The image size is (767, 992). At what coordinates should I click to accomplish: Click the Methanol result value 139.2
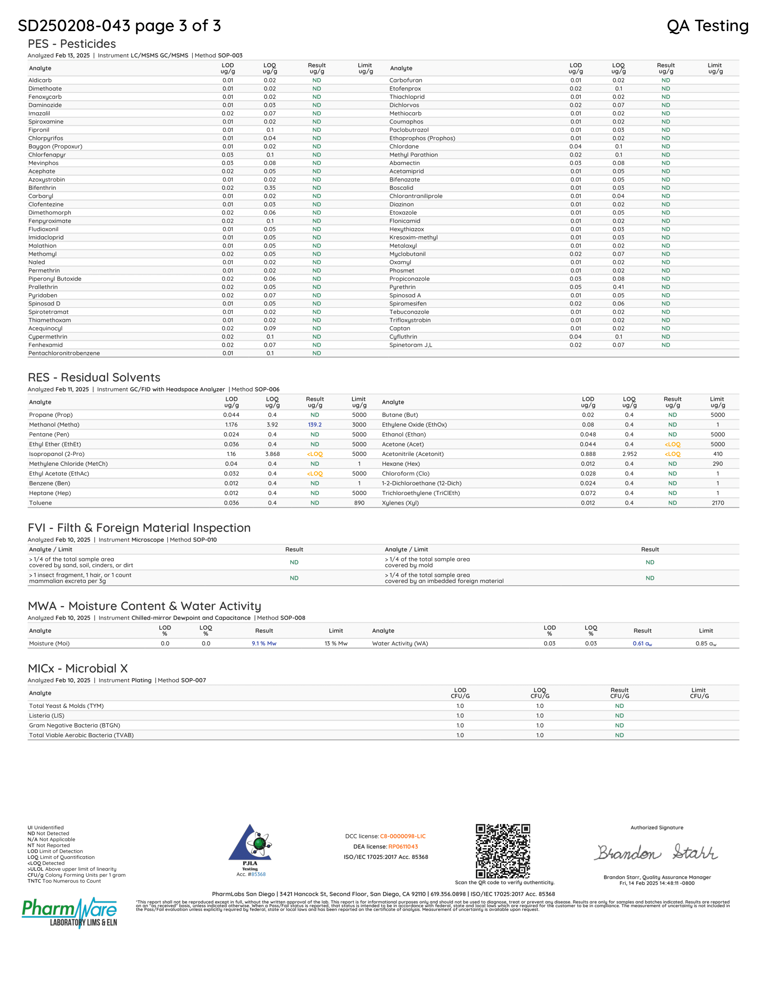point(314,425)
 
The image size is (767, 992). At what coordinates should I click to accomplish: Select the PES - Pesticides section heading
point(72,44)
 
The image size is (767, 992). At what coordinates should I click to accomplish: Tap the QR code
point(503,851)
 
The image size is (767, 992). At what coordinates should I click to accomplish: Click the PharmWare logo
point(69,912)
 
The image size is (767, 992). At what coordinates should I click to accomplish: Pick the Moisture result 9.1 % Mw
point(264,643)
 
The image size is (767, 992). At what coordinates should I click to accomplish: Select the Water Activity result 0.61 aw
point(642,643)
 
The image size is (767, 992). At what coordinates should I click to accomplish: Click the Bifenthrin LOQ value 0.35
point(269,188)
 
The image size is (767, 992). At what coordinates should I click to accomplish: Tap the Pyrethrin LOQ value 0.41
point(618,287)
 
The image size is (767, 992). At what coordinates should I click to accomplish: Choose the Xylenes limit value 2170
point(717,503)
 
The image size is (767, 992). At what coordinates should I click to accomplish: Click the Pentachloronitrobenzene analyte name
point(64,354)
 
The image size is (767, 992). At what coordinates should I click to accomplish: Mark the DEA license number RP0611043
point(403,847)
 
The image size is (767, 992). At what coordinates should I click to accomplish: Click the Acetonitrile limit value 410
point(717,454)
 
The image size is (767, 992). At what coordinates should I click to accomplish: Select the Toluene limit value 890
point(359,503)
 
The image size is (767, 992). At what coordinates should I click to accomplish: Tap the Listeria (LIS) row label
point(47,716)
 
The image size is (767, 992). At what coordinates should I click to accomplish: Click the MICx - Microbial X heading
point(78,669)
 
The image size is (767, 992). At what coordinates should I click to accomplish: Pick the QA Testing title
point(707,26)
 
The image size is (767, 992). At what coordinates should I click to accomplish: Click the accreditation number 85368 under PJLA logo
point(259,874)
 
